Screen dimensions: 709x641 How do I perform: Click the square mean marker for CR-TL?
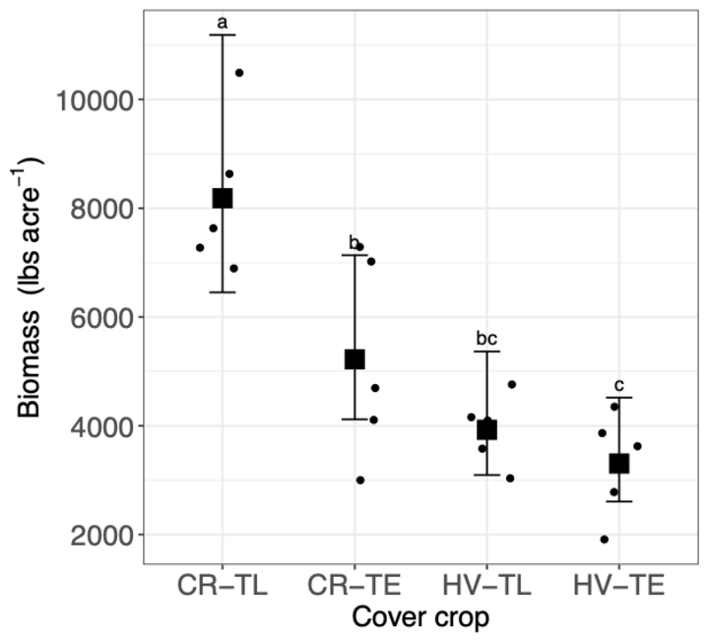223,199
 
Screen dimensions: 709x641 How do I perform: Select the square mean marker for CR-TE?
354,359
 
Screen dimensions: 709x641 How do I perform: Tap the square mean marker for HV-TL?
487,430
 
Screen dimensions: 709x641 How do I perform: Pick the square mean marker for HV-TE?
619,464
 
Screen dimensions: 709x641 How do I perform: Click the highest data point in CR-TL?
239,73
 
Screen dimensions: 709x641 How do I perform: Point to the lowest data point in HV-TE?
604,540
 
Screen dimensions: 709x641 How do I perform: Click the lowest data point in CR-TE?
360,481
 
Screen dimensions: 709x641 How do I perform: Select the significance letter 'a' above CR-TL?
222,22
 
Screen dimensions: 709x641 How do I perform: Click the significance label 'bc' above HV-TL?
486,338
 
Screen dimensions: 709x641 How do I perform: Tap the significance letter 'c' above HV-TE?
619,386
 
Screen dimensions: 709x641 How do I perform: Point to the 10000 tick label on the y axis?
95,100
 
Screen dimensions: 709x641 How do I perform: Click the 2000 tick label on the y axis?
101,536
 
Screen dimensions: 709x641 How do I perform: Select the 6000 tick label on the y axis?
101,318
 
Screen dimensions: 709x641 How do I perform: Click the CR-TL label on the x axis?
223,586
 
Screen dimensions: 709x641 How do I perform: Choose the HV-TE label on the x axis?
619,586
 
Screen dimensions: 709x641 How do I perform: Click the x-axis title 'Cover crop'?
420,617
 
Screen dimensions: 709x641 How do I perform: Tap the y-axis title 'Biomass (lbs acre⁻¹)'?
28,288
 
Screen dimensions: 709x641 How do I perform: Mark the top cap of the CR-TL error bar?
223,34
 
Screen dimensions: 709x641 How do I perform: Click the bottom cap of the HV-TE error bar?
619,502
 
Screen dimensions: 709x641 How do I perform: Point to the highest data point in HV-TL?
512,384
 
